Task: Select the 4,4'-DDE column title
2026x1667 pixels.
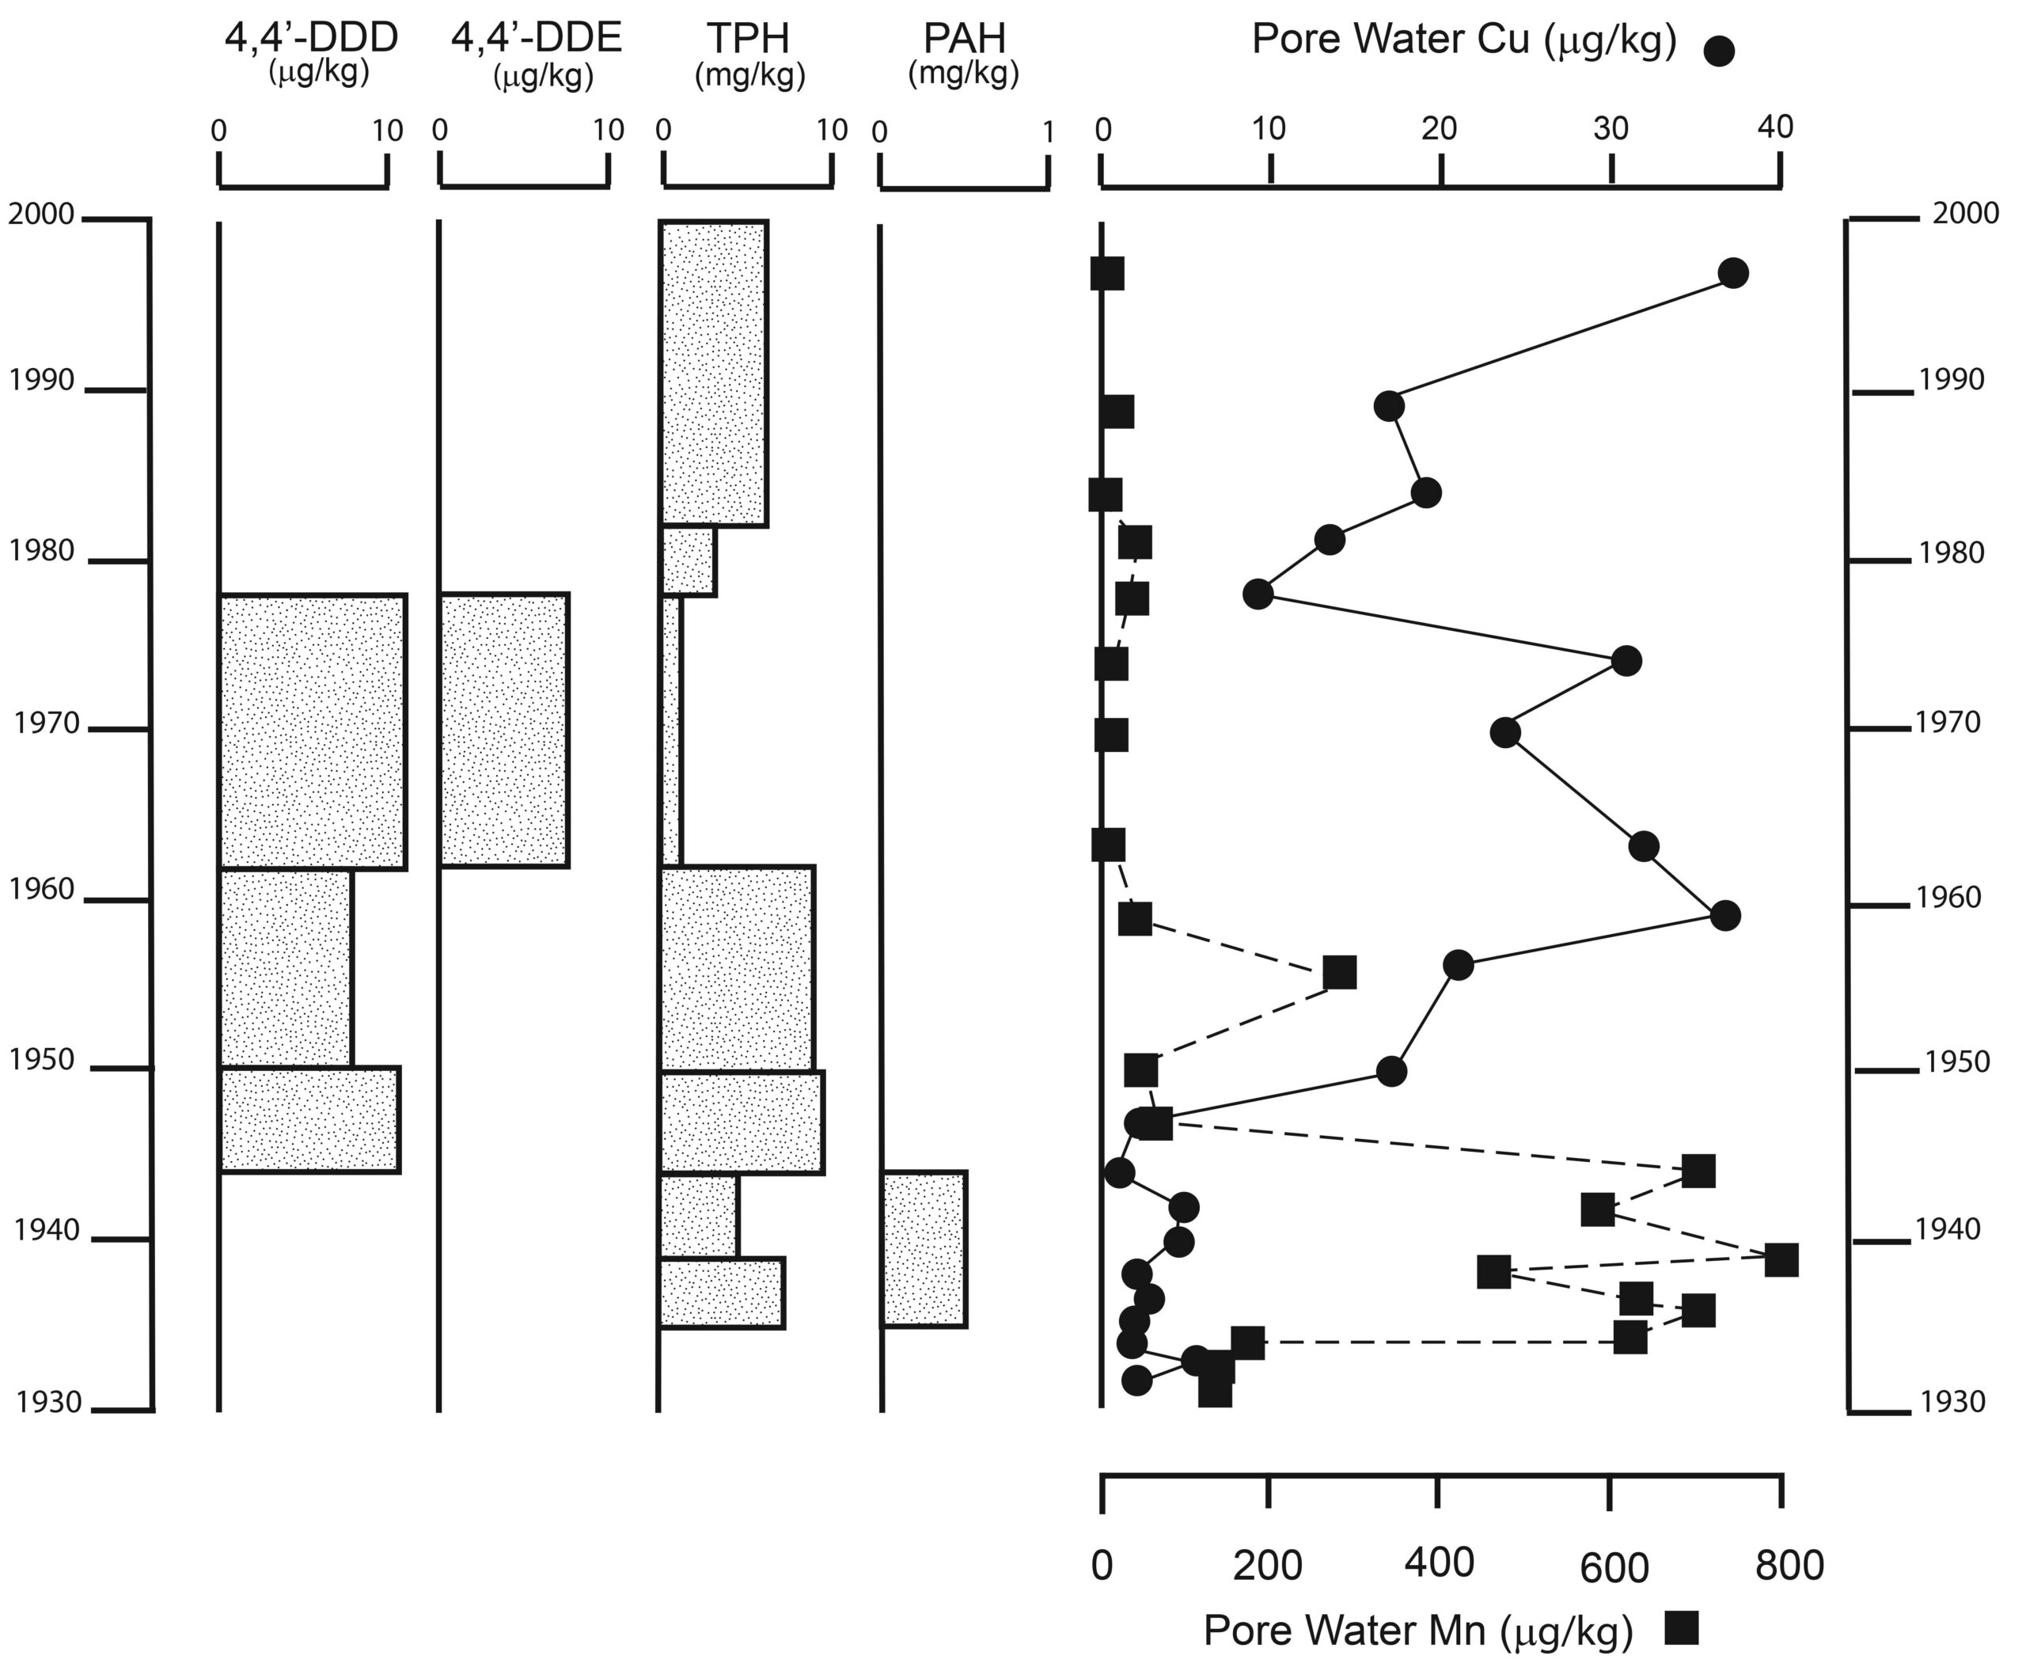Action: point(536,39)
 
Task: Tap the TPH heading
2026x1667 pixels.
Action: point(749,39)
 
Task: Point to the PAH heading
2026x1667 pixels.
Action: point(964,39)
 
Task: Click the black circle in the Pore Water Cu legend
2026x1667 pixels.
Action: point(1719,51)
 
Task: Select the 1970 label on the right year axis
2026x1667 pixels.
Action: point(1948,722)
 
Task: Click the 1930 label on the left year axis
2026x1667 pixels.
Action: point(49,1403)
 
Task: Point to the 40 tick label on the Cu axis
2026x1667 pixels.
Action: point(1774,127)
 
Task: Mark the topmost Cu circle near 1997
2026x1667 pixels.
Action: point(1733,274)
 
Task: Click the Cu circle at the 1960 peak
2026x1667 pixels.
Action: point(1725,915)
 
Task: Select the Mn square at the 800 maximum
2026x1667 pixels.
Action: point(1781,1260)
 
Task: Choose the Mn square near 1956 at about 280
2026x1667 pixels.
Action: point(1340,972)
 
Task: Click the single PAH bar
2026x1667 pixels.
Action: point(924,1249)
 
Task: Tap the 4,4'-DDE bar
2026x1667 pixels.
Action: point(504,731)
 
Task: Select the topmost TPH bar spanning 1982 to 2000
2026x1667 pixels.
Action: point(713,374)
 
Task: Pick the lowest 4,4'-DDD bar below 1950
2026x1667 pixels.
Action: point(310,1120)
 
